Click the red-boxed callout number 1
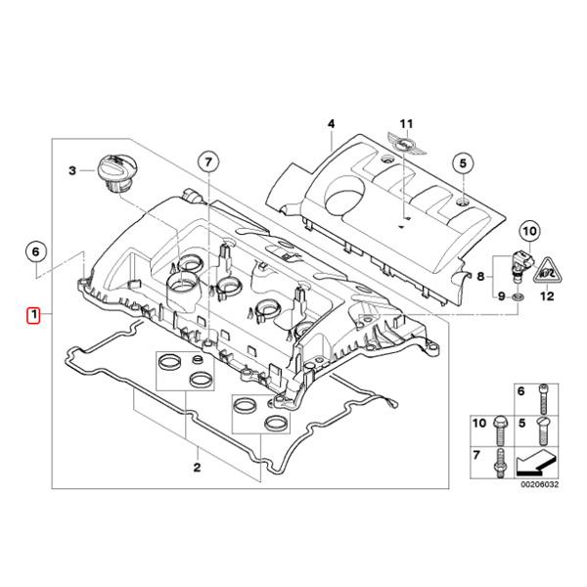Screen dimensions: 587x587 click(34, 314)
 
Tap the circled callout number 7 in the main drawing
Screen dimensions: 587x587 click(208, 161)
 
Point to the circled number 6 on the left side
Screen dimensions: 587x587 click(35, 251)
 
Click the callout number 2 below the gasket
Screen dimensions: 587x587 click(197, 467)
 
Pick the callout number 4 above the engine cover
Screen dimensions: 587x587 click(331, 123)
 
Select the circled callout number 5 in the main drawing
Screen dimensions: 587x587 click(464, 163)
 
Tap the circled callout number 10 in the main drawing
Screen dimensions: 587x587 click(529, 231)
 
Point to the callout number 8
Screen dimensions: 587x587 click(480, 276)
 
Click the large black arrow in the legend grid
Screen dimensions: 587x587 click(537, 464)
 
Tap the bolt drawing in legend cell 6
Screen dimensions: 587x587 click(544, 399)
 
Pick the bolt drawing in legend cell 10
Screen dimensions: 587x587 click(499, 430)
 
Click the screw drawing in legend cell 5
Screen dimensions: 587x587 click(544, 430)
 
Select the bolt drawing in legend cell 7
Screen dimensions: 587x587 click(499, 463)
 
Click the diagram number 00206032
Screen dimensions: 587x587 click(539, 484)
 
